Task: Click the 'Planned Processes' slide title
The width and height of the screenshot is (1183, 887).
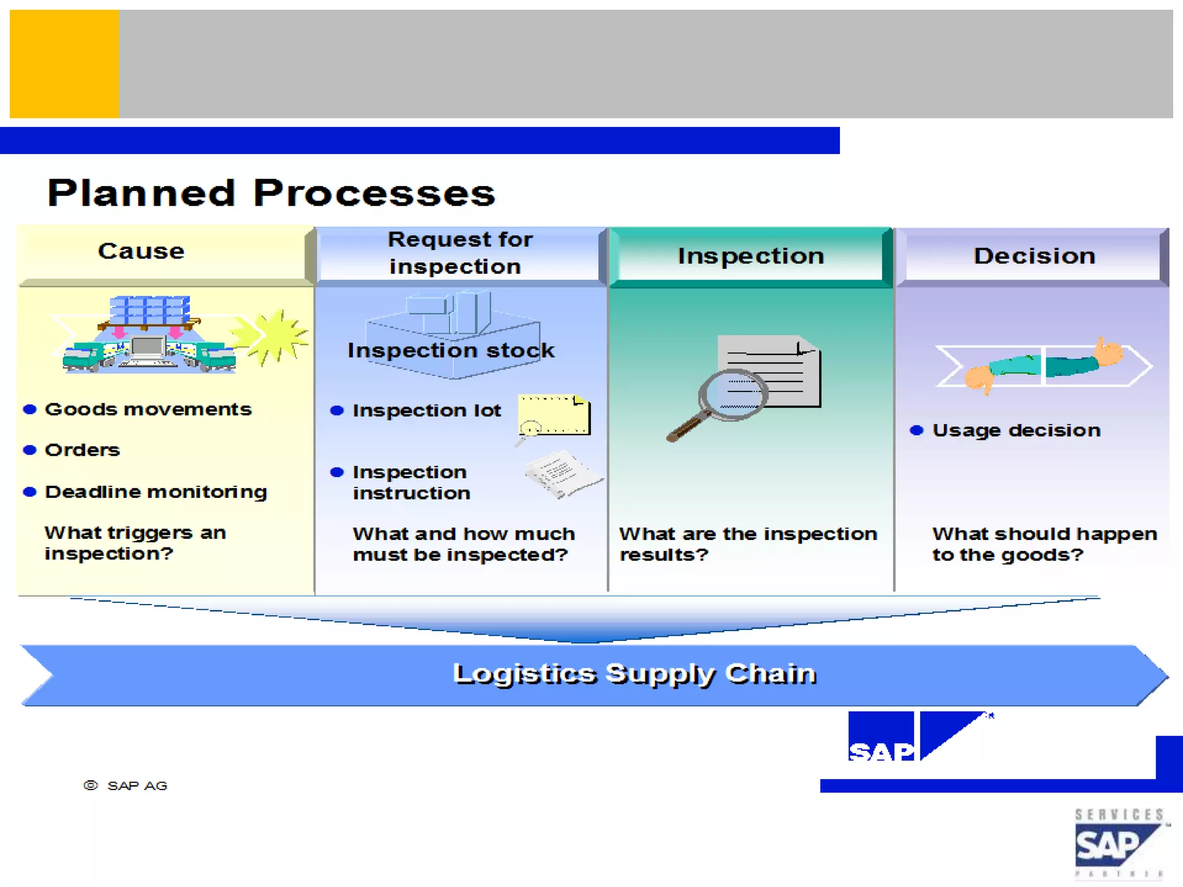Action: click(x=271, y=193)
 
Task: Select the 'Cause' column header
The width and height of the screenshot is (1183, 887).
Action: click(x=142, y=251)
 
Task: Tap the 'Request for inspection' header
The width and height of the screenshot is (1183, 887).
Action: click(x=459, y=253)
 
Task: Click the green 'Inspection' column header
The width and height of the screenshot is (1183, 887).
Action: click(x=750, y=256)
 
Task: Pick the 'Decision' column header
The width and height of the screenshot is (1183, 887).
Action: click(x=1034, y=256)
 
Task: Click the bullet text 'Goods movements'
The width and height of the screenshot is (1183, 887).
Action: click(x=148, y=409)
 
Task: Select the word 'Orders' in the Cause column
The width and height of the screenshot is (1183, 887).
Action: click(x=82, y=450)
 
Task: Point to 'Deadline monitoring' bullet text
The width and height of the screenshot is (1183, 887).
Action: click(x=156, y=492)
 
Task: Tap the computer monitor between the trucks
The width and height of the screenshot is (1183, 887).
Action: click(x=148, y=348)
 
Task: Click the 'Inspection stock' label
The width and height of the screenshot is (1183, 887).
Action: click(x=451, y=351)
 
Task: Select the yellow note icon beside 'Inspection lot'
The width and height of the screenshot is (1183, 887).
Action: click(x=553, y=415)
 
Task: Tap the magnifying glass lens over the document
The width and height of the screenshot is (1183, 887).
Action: click(x=732, y=394)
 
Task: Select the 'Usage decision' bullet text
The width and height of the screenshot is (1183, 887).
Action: click(x=1016, y=430)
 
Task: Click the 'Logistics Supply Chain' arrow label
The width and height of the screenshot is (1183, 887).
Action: click(x=634, y=674)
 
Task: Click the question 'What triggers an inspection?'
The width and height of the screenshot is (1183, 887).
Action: click(x=135, y=543)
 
